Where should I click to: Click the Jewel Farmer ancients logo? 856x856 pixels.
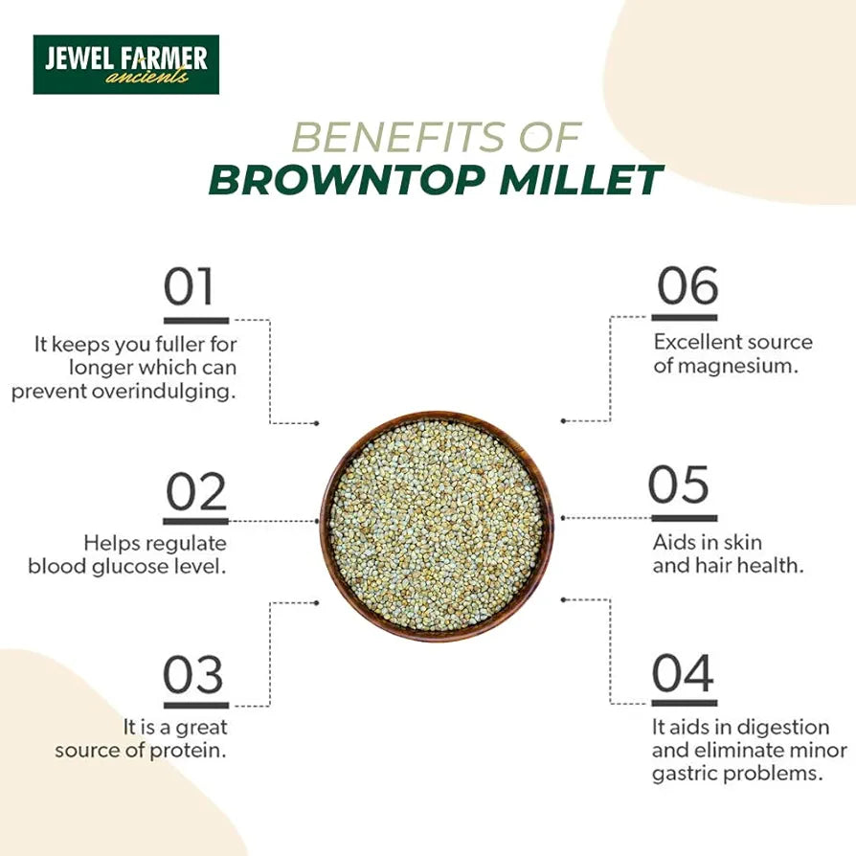click(x=125, y=64)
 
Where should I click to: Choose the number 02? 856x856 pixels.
click(x=196, y=492)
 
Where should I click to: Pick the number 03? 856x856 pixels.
click(x=193, y=676)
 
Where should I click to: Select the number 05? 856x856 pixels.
click(x=679, y=484)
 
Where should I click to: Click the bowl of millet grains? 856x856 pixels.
click(x=437, y=525)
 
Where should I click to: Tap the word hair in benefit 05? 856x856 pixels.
click(x=712, y=565)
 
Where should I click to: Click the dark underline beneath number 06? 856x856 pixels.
click(x=685, y=317)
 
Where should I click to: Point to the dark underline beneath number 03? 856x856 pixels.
click(x=195, y=706)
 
